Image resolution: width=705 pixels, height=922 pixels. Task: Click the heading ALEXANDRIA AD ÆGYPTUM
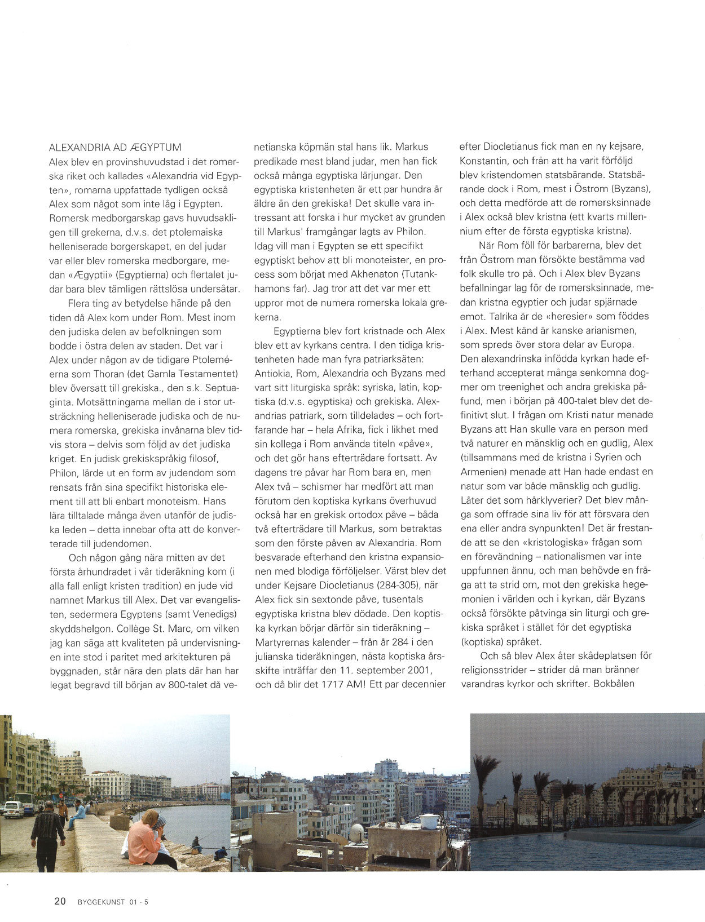115,148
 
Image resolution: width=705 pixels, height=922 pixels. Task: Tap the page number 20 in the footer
60,901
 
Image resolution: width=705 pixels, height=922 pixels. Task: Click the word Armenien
484,471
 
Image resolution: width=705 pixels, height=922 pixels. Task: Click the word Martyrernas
284,642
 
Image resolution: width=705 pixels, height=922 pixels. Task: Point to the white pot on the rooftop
429,821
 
